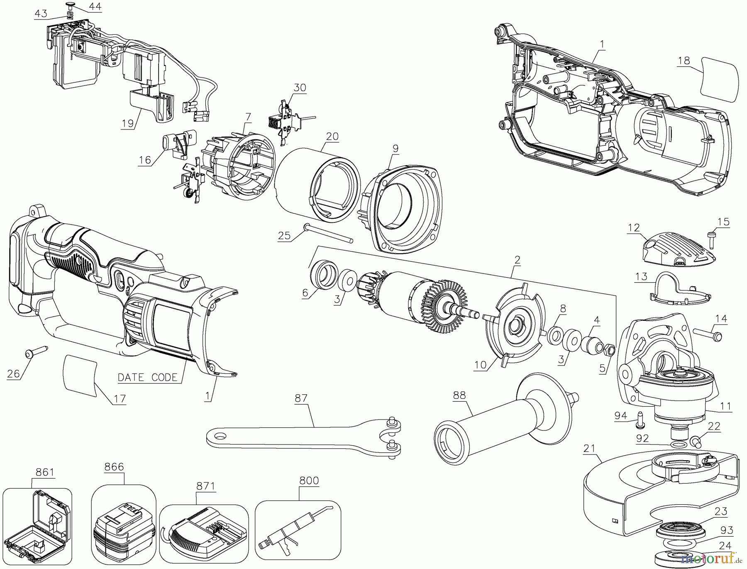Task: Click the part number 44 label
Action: coord(95,7)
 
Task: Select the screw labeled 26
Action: coord(35,352)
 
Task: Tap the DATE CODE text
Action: coord(148,377)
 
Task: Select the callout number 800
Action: coord(309,481)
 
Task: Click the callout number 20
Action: coord(332,137)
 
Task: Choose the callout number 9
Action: coord(395,148)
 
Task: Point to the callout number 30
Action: coord(300,88)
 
